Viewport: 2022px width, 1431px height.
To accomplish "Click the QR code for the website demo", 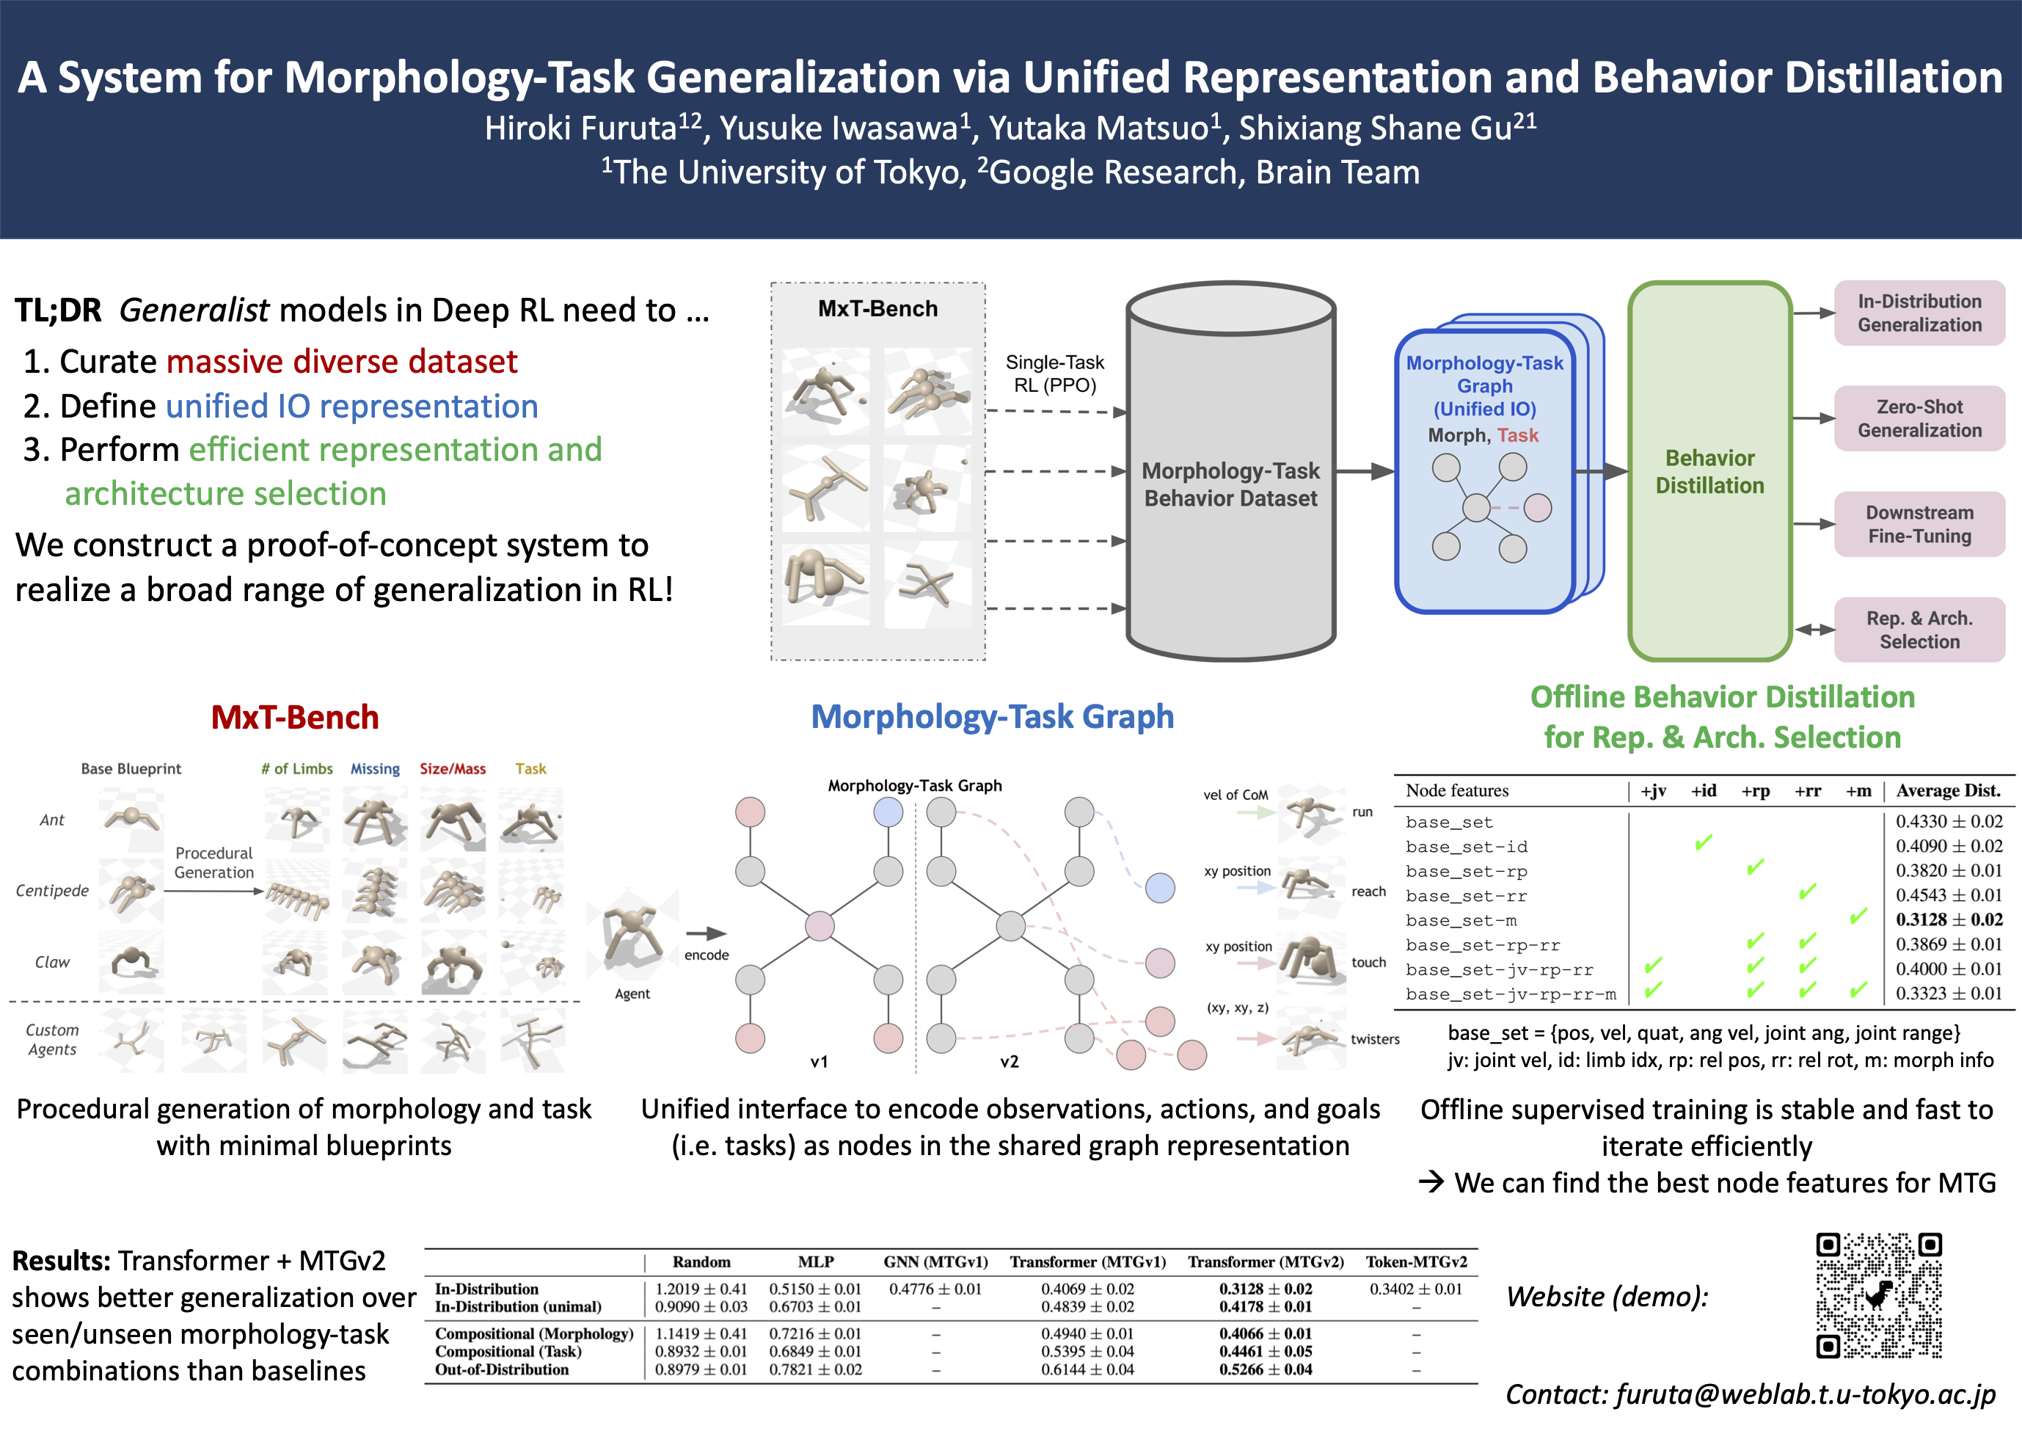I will tap(1878, 1295).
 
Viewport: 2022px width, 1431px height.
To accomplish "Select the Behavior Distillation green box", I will tap(1709, 471).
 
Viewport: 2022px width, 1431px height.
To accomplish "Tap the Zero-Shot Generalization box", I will tap(1919, 418).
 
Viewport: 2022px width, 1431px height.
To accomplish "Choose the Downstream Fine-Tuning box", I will tap(1919, 524).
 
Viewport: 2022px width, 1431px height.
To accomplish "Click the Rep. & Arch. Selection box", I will tap(1919, 630).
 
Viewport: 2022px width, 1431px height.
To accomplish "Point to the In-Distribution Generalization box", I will tap(1919, 313).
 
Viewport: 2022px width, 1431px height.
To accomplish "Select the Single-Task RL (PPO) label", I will tap(1054, 374).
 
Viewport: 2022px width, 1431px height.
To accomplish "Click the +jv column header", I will tap(1653, 790).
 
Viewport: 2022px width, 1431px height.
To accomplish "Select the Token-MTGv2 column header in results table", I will tap(1416, 1261).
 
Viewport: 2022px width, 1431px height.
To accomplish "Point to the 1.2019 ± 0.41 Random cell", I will tap(701, 1289).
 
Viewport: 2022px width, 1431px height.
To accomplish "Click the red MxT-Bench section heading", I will tap(294, 717).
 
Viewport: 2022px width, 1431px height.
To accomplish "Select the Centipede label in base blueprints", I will tap(52, 891).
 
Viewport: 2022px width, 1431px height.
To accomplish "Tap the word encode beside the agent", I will tap(707, 955).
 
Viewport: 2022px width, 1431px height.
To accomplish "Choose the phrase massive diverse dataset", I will tap(342, 361).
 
